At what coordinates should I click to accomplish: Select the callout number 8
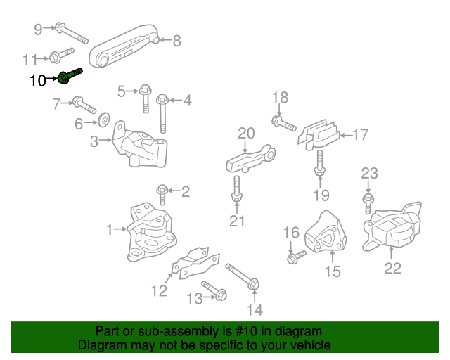[x=176, y=41]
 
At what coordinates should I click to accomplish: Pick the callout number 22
[x=392, y=268]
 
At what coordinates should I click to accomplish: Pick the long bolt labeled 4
[x=163, y=112]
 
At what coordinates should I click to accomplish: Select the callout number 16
[x=291, y=232]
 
